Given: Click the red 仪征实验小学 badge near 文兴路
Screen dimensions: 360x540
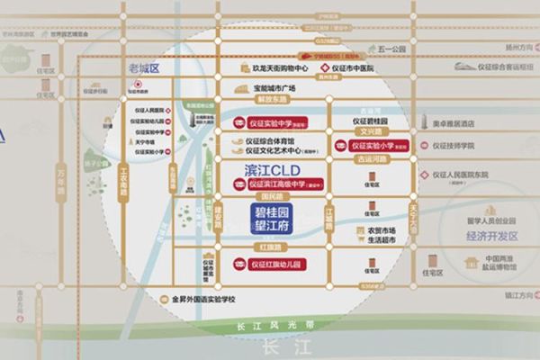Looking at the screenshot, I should click(375, 145).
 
